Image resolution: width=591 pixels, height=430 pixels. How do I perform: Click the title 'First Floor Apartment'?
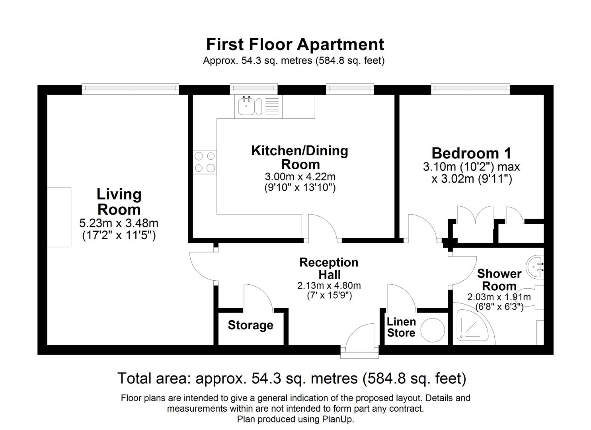(295, 44)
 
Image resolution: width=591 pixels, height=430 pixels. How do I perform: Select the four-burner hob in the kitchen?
(205, 162)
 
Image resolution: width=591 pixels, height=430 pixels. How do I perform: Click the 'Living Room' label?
(119, 202)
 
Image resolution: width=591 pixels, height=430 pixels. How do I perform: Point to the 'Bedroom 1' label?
(471, 153)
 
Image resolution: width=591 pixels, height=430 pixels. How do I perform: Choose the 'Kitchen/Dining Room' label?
(300, 157)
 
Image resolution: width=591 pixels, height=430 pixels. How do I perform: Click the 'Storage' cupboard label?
(250, 325)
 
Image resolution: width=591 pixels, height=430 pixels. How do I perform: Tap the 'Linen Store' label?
(401, 327)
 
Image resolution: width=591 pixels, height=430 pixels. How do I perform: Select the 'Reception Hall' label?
(329, 268)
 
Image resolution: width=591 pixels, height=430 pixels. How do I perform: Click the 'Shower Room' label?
(499, 279)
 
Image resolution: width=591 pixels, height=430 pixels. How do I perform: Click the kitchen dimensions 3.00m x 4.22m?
(300, 176)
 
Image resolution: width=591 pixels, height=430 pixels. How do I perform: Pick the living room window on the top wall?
(130, 89)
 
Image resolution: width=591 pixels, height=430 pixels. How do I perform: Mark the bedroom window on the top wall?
(470, 89)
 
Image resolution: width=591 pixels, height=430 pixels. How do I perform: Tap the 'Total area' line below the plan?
(292, 378)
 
